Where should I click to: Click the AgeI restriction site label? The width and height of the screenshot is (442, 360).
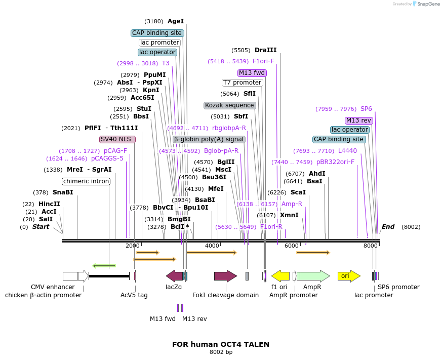coord(176,21)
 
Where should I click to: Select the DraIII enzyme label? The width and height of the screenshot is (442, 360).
coord(266,50)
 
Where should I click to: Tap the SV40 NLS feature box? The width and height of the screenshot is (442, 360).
coord(117,139)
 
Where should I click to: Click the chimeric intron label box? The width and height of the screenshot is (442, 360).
coord(86,181)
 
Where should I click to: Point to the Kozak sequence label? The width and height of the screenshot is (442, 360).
coord(229,105)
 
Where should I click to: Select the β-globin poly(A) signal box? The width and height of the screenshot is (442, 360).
coord(209,139)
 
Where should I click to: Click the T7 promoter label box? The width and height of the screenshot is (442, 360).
coord(243,83)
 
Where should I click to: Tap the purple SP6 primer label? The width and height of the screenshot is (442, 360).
coord(366,109)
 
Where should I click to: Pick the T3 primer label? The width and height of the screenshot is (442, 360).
coord(166,63)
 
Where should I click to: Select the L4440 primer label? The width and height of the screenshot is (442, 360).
coord(347,151)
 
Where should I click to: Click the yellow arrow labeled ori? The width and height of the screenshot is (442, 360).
coord(348,276)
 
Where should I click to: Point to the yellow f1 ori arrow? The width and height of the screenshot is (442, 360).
coord(280,276)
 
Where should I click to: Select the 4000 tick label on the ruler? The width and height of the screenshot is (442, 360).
coord(212,246)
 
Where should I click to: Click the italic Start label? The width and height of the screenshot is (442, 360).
coord(41,227)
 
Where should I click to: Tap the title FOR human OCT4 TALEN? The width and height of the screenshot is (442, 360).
coord(221,344)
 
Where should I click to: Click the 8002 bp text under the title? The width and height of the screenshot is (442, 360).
coord(221,352)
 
